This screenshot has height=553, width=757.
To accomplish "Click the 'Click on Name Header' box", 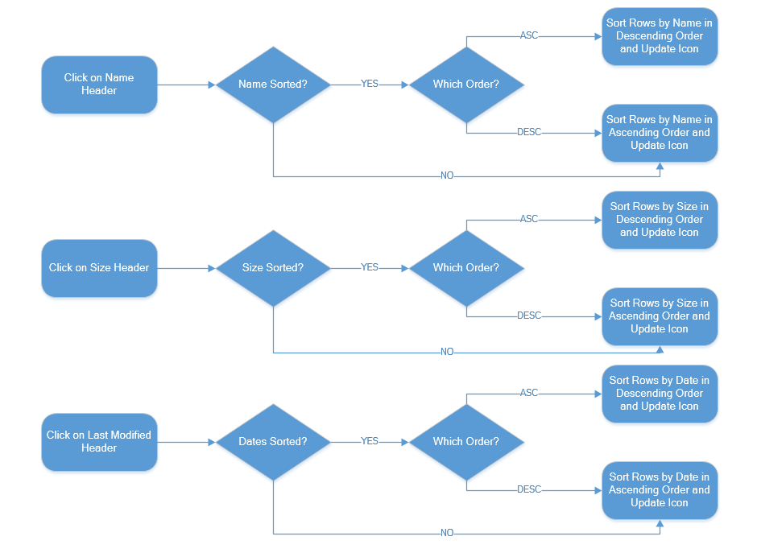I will click(x=99, y=85).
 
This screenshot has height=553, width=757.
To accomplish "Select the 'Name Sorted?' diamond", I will click(x=273, y=85).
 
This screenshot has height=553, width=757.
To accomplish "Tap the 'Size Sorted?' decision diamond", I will click(x=273, y=268).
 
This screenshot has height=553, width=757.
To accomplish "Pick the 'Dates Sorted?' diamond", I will click(x=273, y=442).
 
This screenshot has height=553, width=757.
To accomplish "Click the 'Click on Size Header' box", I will click(x=99, y=268).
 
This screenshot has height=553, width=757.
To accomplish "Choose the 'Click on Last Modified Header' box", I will click(x=99, y=442).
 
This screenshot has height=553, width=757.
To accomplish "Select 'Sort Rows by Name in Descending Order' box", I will click(x=659, y=36).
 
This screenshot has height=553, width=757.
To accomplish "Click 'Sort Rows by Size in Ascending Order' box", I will click(x=659, y=316).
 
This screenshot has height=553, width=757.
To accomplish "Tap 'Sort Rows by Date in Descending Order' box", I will click(x=659, y=394).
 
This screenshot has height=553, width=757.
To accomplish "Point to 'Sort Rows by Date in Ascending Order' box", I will click(x=659, y=490).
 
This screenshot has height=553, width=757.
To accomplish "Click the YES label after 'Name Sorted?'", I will click(x=370, y=84).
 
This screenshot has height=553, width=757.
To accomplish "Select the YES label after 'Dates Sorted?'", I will click(x=370, y=441).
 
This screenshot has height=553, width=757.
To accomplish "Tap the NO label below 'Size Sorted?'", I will click(x=447, y=352).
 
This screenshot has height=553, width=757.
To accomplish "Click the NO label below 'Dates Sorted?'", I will click(x=447, y=533).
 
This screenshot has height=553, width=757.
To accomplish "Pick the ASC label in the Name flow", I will click(x=529, y=35).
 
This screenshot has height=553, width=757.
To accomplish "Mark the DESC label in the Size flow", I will click(x=529, y=316).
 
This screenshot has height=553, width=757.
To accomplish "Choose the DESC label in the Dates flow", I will click(x=529, y=489).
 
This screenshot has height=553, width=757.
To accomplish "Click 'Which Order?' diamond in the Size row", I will click(x=466, y=268).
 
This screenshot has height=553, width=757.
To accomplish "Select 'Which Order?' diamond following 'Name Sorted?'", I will click(x=466, y=85).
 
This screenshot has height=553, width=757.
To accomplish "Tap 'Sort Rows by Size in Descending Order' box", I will click(x=659, y=220).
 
